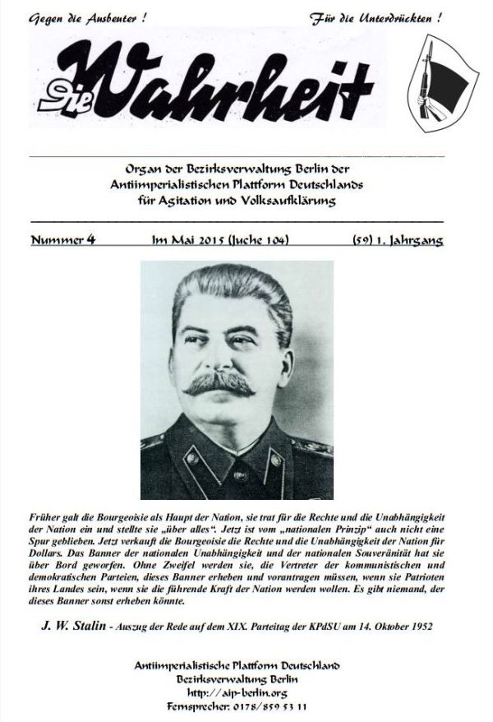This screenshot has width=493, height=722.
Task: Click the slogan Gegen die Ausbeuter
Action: pyautogui.click(x=86, y=17)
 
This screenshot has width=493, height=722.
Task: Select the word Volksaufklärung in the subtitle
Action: pyautogui.click(x=292, y=201)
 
